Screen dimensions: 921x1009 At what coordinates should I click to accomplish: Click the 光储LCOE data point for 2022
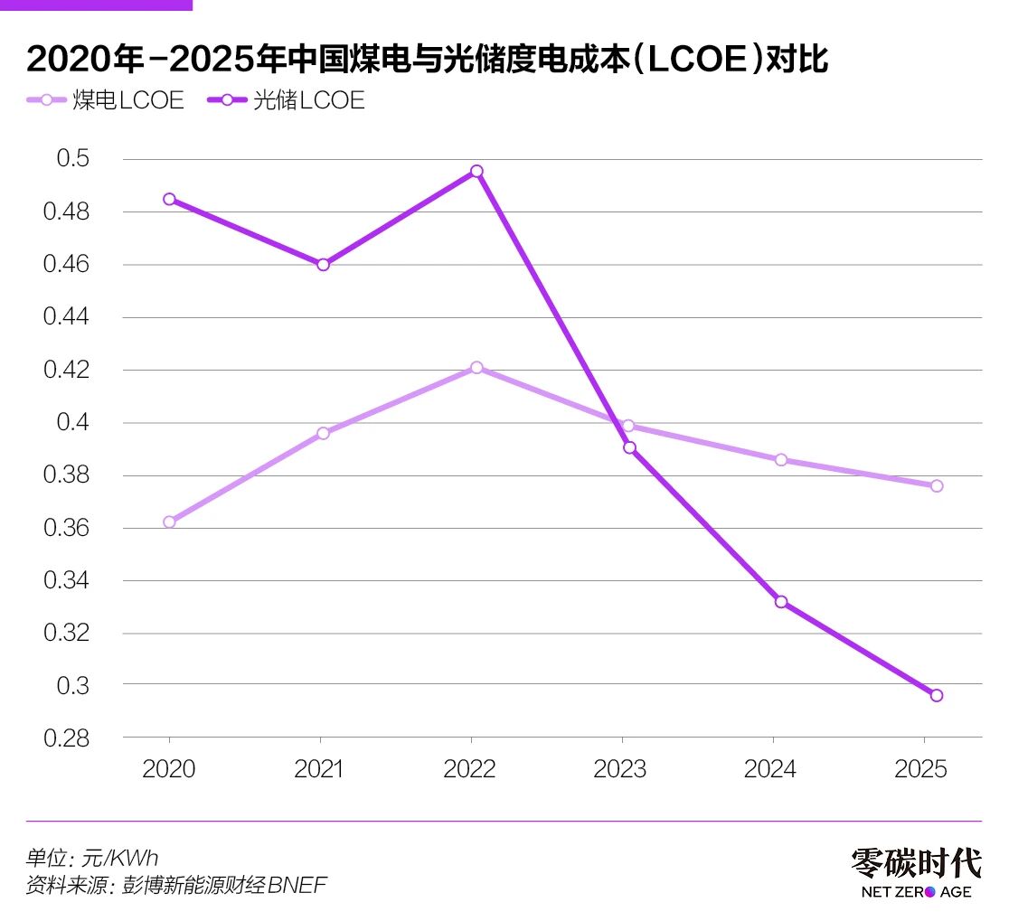476,172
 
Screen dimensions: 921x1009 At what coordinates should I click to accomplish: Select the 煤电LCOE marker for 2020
169,522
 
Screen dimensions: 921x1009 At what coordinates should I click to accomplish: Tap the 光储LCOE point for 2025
937,695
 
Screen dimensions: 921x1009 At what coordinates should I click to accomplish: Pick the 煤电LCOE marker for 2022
476,368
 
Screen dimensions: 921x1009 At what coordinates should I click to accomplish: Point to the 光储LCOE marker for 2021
323,265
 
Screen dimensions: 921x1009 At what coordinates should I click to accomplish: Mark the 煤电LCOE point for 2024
781,459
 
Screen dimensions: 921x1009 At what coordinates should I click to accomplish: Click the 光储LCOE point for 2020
169,199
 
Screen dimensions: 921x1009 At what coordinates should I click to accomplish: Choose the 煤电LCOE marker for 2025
937,485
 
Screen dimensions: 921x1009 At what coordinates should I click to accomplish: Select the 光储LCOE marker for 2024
781,602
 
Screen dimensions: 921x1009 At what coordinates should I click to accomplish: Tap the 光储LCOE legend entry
288,100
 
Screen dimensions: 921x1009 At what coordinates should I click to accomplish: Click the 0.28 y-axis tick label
67,738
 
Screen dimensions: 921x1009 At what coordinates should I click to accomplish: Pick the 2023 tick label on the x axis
619,769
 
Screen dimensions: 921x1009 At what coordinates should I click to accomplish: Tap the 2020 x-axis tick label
169,769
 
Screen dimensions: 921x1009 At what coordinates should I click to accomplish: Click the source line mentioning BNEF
176,885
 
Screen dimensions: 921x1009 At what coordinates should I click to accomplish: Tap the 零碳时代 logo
915,872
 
